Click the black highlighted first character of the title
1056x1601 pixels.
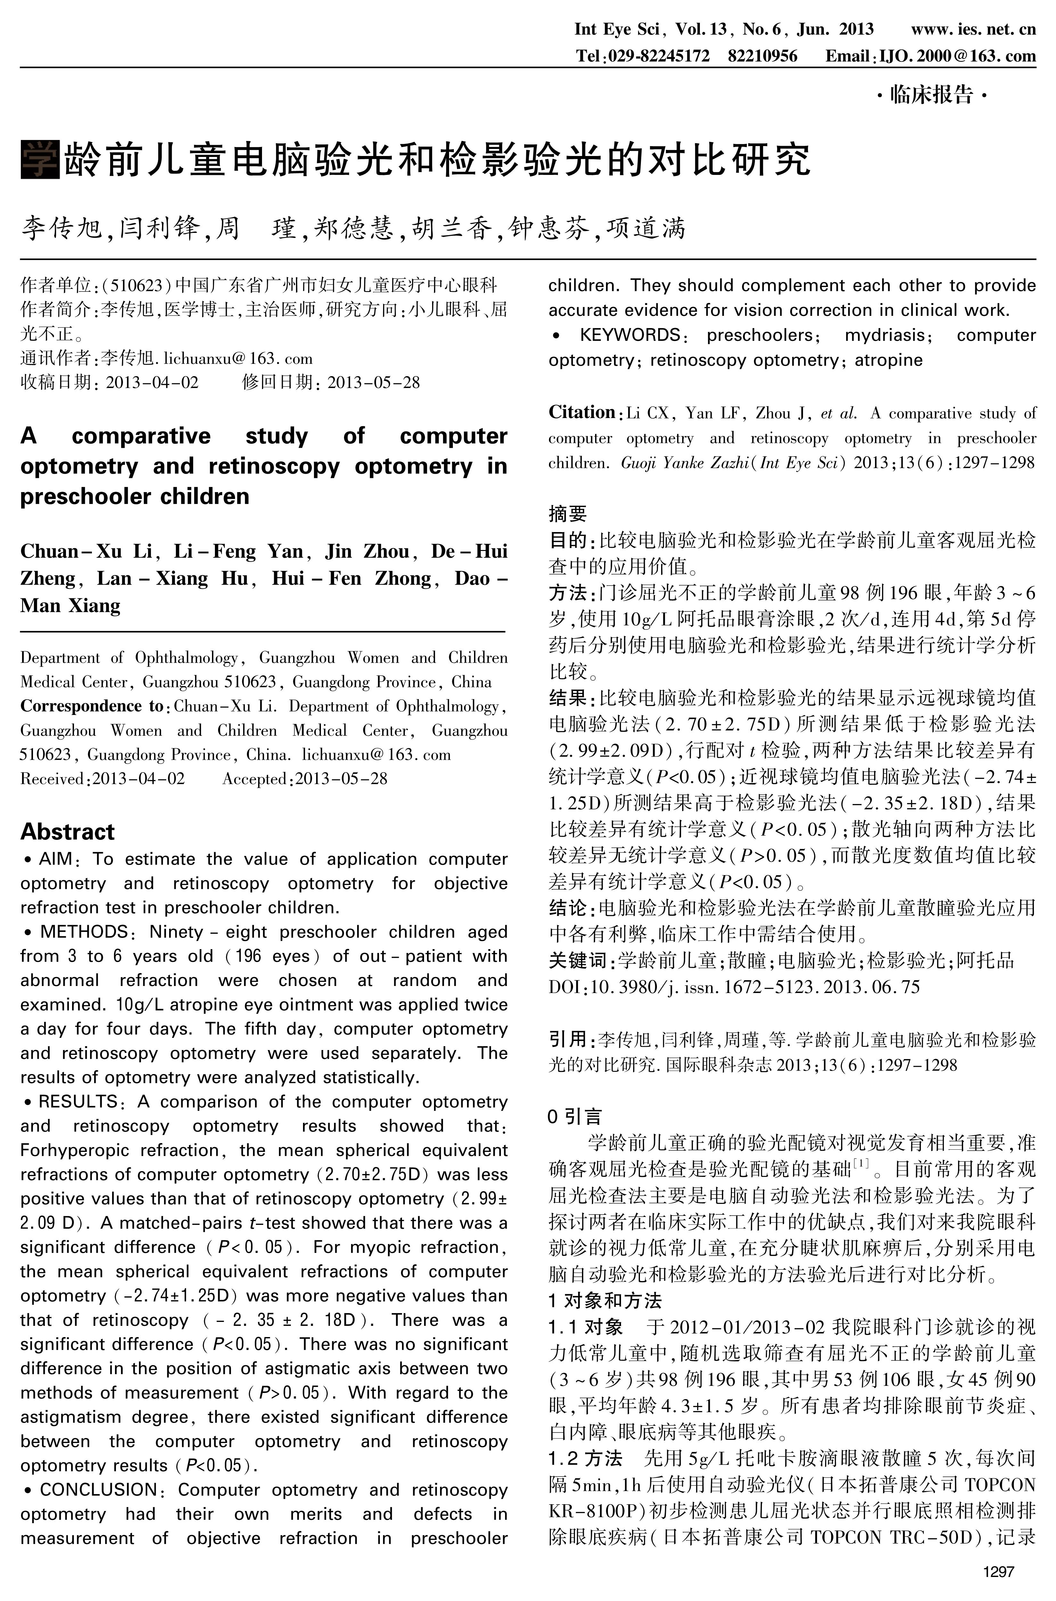(x=40, y=159)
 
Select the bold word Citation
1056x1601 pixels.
(x=581, y=412)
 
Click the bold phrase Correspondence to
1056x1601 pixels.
(x=92, y=706)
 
